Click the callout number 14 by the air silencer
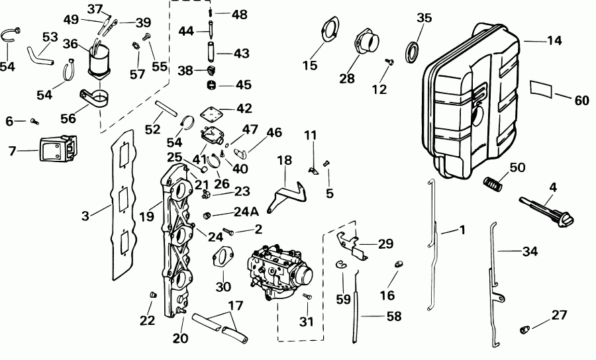[554, 41]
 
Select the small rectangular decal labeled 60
[541, 90]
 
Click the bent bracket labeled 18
[289, 196]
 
